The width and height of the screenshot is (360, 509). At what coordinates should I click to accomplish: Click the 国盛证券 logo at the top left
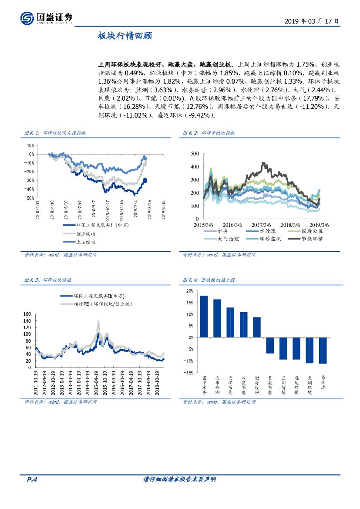[46, 17]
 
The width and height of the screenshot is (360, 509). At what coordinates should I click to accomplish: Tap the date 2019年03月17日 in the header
[311, 21]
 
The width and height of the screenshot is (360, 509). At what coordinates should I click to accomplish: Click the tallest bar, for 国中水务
[204, 316]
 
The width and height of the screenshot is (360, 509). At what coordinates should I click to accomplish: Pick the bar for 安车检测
[217, 318]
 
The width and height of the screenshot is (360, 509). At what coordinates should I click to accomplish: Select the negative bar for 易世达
[323, 350]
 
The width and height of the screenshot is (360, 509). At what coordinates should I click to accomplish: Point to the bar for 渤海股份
[256, 327]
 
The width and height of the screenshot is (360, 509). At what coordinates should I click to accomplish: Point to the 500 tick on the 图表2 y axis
[195, 154]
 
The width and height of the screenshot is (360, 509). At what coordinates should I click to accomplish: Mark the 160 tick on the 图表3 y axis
[27, 314]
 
